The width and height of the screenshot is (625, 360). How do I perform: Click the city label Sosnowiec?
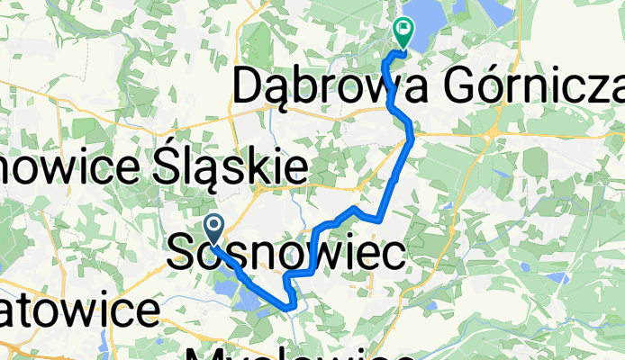[285, 253]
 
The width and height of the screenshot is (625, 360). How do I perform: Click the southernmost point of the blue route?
[289, 308]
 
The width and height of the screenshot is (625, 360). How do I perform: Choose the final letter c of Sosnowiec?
[394, 254]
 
